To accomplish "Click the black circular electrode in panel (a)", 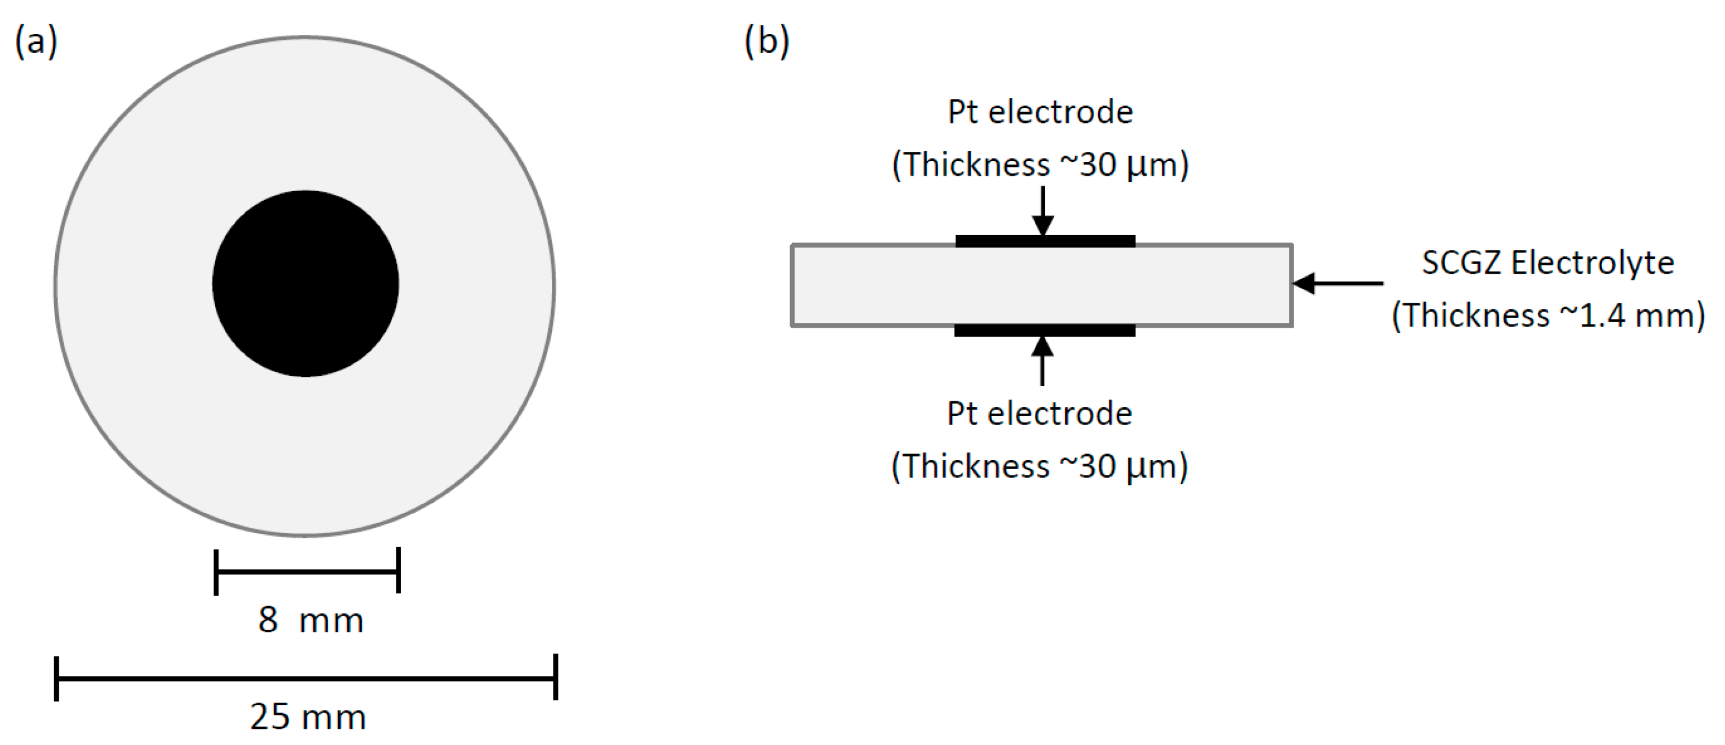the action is (x=306, y=283).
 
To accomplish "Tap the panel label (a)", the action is (x=36, y=42).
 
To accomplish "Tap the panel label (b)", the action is (x=767, y=42).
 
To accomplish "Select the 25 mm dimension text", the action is (x=308, y=717).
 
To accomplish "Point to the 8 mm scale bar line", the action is (x=307, y=572).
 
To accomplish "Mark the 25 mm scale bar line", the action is (x=306, y=678).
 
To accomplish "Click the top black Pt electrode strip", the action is (x=1044, y=241).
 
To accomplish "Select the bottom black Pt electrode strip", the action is (x=1044, y=330).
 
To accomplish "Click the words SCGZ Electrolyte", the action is (x=1548, y=262).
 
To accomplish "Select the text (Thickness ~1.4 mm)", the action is (x=1548, y=315).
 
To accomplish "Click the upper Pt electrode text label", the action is (x=1040, y=112).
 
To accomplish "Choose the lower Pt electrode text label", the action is (x=1039, y=413).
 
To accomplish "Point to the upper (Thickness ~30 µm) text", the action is (x=1040, y=165).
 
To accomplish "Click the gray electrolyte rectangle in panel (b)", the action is (x=871, y=286).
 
